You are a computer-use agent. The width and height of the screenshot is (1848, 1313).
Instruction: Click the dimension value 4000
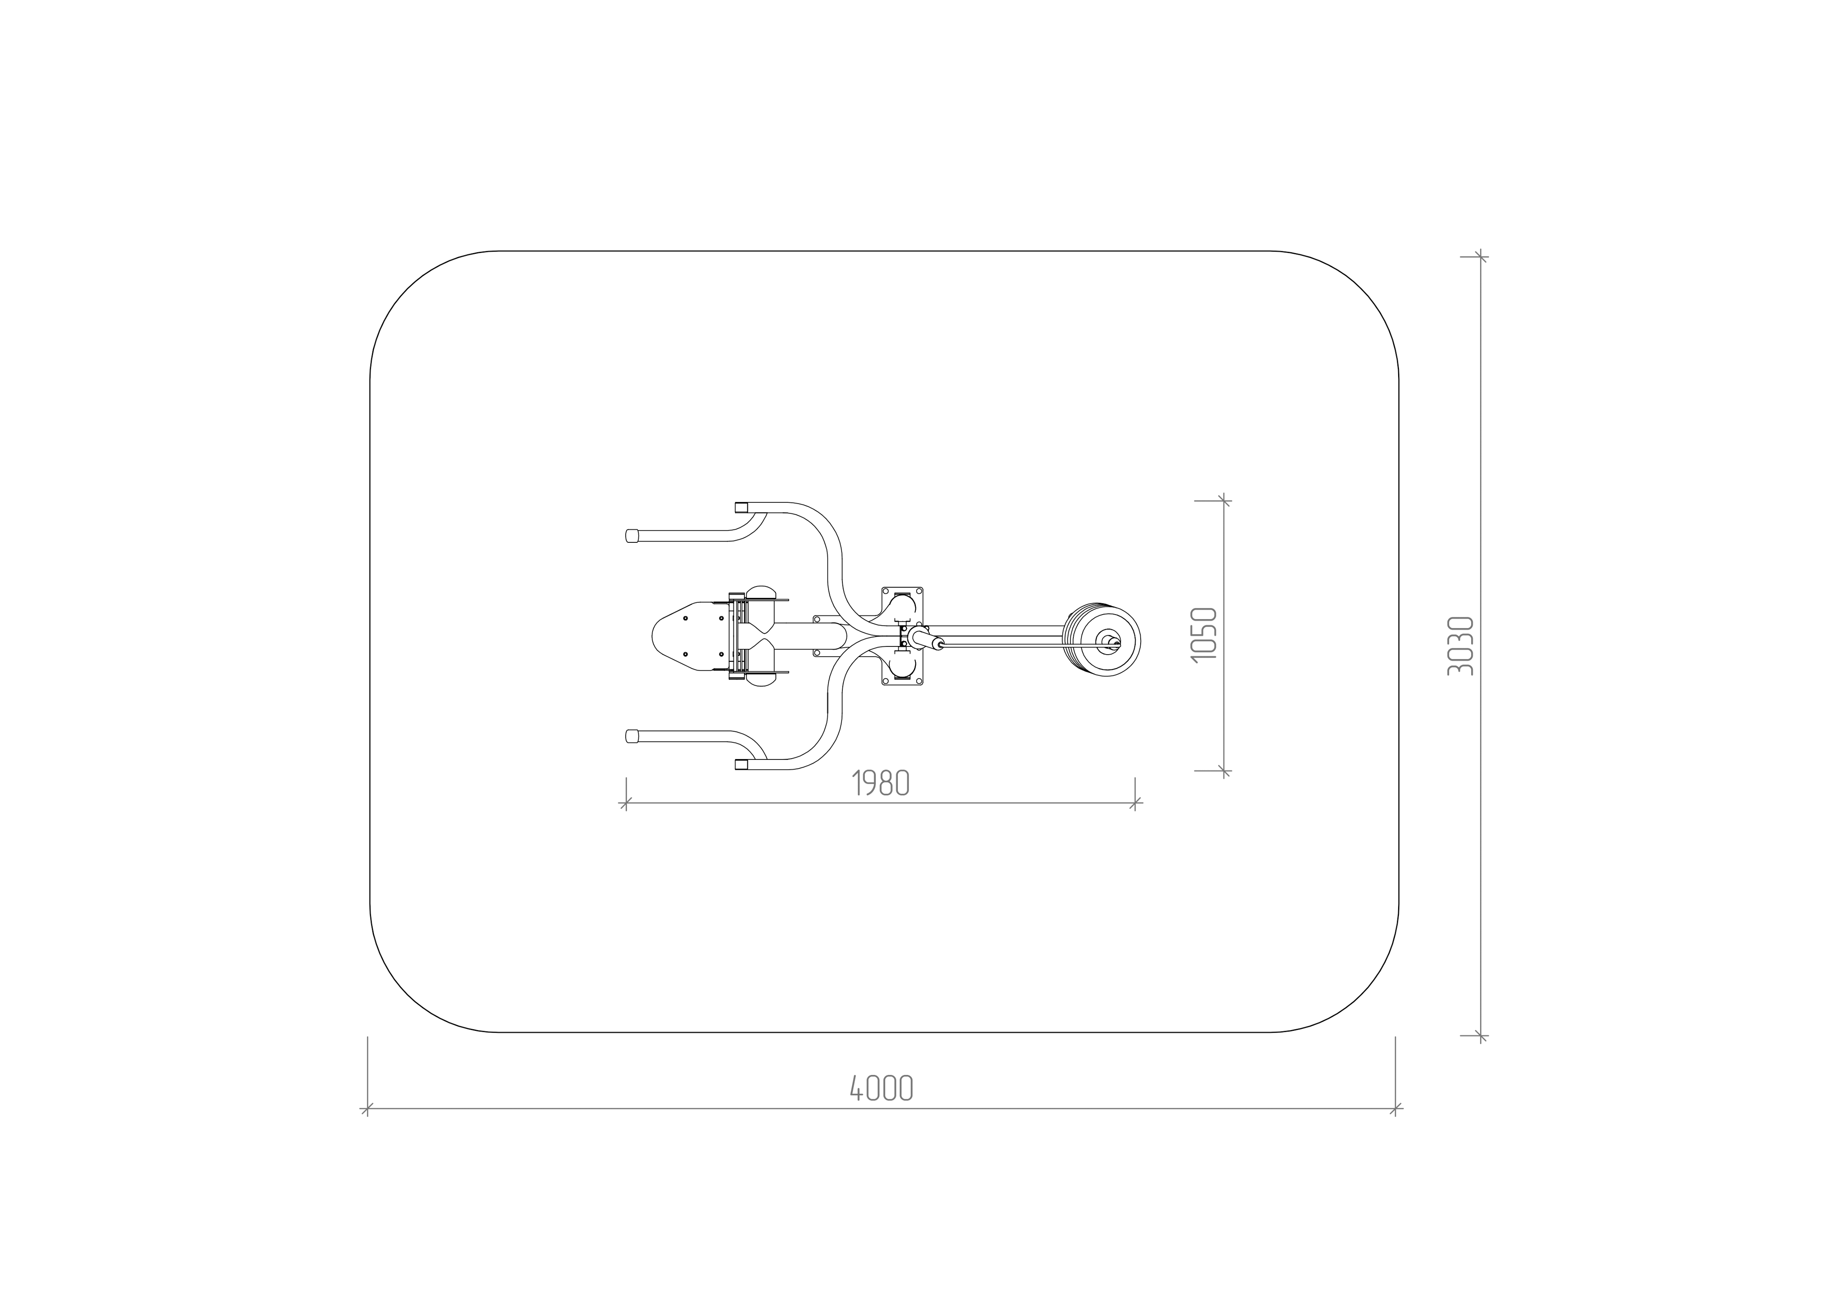tap(881, 1087)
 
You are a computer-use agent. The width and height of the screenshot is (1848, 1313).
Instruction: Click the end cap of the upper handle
tap(632, 535)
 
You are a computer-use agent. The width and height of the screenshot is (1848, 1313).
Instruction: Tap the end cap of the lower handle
tap(632, 736)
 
